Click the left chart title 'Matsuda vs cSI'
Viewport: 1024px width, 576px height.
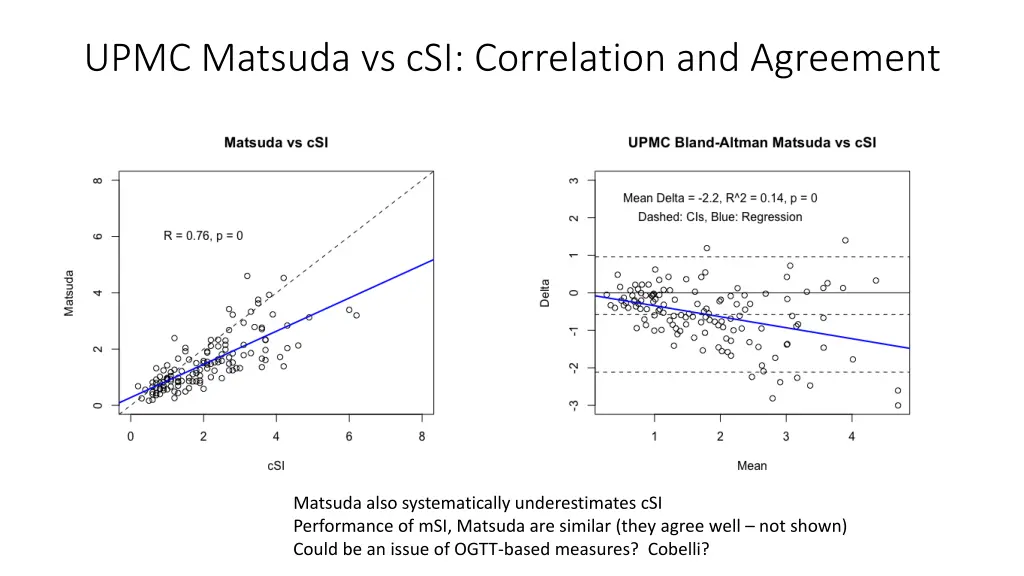[x=275, y=142]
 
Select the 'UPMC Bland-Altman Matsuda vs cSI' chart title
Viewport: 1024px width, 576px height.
[x=752, y=142]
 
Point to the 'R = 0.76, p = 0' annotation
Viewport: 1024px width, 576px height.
[x=203, y=236]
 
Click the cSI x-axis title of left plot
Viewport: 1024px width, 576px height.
[x=276, y=465]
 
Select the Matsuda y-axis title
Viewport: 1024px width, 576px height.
[x=70, y=292]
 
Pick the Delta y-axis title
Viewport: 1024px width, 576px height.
[x=546, y=292]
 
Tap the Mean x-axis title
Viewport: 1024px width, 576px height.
[x=752, y=465]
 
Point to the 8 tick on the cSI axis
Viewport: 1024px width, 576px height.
[x=421, y=437]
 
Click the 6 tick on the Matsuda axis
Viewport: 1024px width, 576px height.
[x=98, y=237]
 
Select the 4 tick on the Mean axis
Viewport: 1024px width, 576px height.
[x=851, y=437]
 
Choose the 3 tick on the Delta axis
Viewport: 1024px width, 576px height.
[x=574, y=181]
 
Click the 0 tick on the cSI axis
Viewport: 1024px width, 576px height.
[x=130, y=437]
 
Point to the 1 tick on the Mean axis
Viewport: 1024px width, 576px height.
[x=654, y=437]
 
